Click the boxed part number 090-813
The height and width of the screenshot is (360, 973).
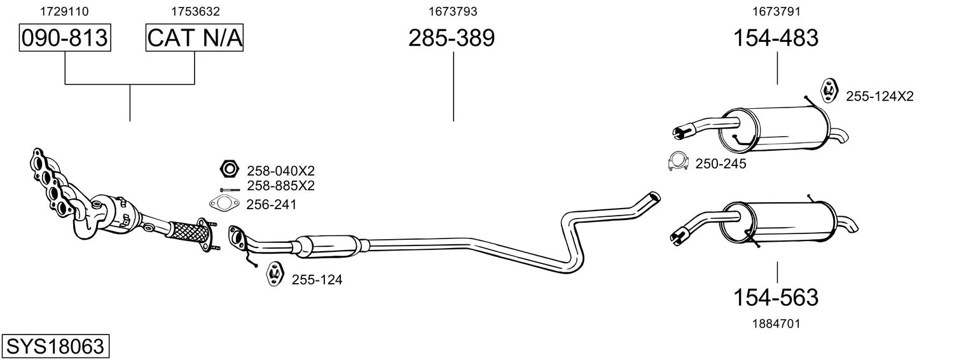65,38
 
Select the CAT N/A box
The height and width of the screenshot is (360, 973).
194,38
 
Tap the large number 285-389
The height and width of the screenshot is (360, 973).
452,38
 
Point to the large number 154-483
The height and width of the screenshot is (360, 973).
776,38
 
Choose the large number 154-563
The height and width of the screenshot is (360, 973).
776,298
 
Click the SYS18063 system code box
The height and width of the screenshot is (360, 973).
55,346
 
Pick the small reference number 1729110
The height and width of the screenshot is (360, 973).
64,11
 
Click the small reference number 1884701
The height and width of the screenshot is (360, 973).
776,324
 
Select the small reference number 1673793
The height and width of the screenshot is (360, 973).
453,11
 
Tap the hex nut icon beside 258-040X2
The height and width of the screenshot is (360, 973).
230,169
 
